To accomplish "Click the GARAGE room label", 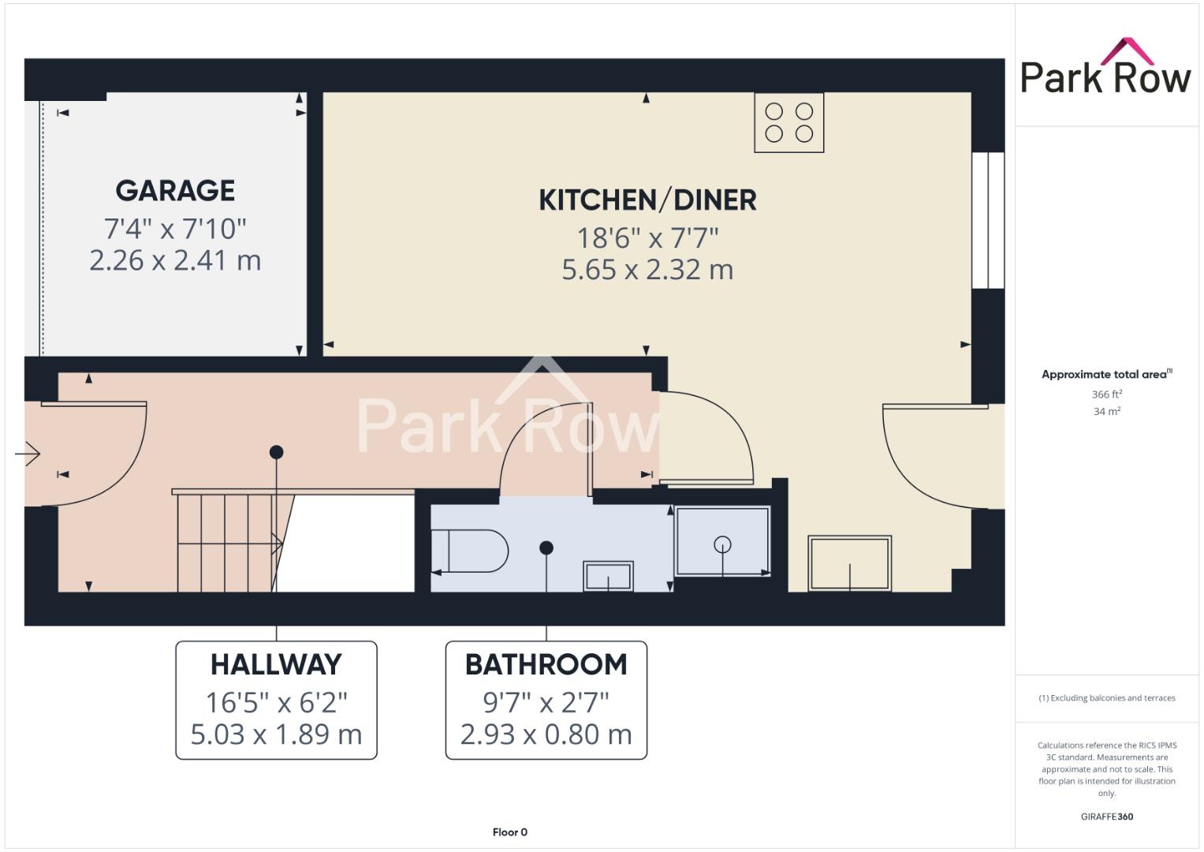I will coord(175,191).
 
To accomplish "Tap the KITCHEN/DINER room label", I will coord(647,200).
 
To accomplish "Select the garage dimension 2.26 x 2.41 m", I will coord(175,260).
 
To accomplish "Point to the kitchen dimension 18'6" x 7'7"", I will coord(647,237).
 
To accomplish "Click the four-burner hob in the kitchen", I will coord(788,122).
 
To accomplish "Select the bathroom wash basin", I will coord(608,576).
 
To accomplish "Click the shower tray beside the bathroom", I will coord(722,542).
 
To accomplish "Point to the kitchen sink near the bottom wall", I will coord(849,563).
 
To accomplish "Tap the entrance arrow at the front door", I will coord(28,454).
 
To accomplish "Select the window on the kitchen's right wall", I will coord(987,220).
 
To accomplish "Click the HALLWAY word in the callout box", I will coord(276,665).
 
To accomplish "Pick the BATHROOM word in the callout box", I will coord(546,665).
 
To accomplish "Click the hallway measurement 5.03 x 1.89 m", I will coord(276,734).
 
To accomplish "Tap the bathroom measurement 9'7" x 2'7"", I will coord(546,701).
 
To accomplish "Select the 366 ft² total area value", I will coord(1106,394).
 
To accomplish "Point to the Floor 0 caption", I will coord(509,832).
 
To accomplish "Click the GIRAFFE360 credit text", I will coord(1106,816).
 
